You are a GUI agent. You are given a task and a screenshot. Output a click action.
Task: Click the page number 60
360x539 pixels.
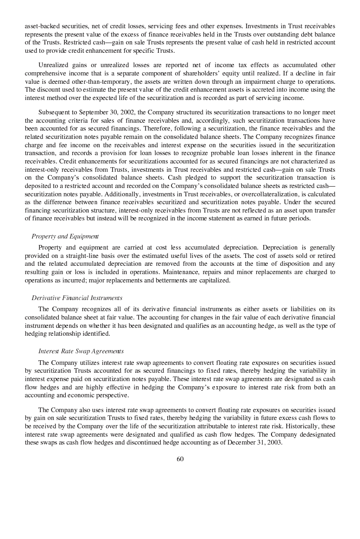tap(180, 459)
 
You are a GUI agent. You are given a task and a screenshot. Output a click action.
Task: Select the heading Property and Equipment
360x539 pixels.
tap(65, 237)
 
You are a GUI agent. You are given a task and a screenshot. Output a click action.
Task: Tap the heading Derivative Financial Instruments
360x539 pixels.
tap(77, 298)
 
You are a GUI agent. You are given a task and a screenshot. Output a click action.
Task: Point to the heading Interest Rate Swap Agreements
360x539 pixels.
tap(81, 351)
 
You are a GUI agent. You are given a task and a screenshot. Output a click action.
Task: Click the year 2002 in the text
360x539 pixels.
tap(139, 113)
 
